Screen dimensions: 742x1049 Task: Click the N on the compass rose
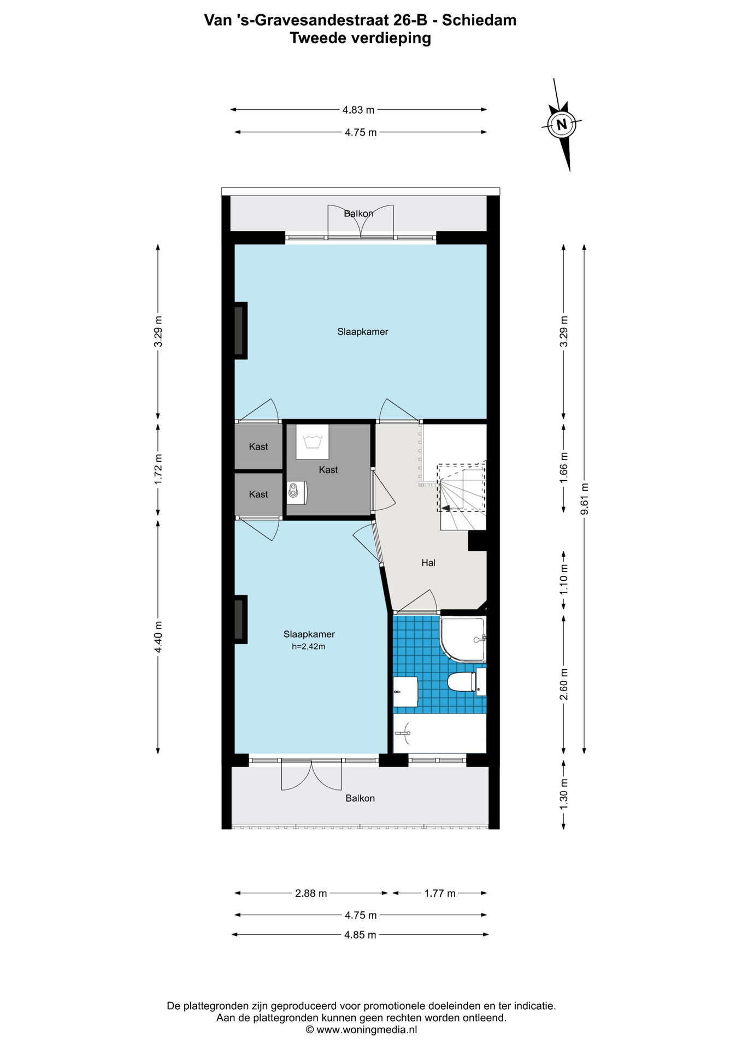point(561,124)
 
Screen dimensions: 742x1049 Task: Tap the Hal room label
point(428,563)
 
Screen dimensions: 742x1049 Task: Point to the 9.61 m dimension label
point(585,499)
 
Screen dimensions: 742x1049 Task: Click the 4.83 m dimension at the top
point(358,110)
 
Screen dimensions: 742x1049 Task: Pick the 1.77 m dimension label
point(440,893)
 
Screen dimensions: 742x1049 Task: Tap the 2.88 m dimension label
point(311,893)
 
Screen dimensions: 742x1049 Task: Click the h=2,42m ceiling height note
point(308,646)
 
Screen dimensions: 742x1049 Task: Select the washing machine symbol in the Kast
point(313,441)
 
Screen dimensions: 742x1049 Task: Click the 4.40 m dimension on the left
point(158,637)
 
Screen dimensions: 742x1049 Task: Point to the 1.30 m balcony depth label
point(564,793)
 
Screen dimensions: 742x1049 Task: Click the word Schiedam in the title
point(479,20)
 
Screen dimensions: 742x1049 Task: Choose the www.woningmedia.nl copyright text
point(361,1030)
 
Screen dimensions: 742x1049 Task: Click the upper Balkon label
point(358,214)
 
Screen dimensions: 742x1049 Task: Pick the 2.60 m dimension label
point(564,684)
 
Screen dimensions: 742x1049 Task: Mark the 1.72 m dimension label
point(158,469)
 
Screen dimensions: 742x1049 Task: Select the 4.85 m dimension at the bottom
point(360,935)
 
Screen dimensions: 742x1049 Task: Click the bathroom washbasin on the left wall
point(406,692)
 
